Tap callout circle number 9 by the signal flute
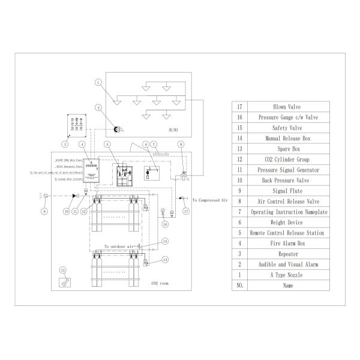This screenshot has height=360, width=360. (x=44, y=211)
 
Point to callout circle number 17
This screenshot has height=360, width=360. (x=186, y=211)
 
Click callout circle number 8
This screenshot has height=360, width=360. (x=181, y=145)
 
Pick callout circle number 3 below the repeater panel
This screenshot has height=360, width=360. (x=64, y=144)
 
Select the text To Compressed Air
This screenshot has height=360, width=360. (x=212, y=199)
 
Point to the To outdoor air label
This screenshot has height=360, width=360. (x=119, y=247)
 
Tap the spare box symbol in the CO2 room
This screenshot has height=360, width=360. (x=62, y=282)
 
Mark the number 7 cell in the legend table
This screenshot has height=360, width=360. (x=239, y=212)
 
